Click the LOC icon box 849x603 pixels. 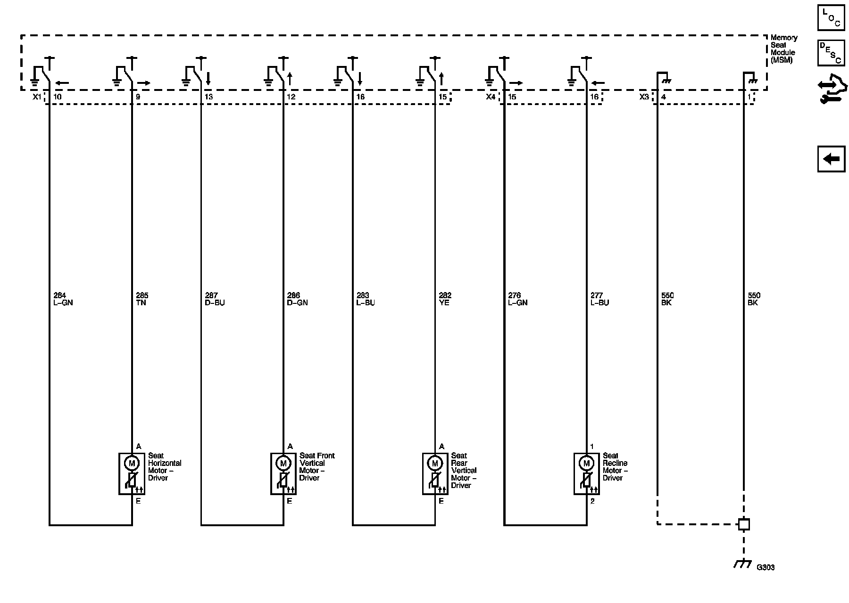click(x=831, y=18)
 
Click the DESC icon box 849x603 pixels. click(x=831, y=52)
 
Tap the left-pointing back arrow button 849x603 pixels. click(x=831, y=159)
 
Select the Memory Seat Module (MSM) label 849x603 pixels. click(x=783, y=49)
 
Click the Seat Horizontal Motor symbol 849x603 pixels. click(x=132, y=473)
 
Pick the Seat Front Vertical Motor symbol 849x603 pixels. click(x=283, y=473)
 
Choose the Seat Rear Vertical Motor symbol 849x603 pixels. click(x=434, y=473)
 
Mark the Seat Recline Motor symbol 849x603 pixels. click(x=586, y=473)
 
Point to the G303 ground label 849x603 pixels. click(x=765, y=568)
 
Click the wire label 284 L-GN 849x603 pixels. click(x=63, y=299)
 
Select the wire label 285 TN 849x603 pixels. click(x=141, y=299)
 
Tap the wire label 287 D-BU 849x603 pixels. click(x=215, y=299)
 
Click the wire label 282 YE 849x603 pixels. click(x=445, y=299)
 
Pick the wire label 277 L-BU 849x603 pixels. click(x=599, y=299)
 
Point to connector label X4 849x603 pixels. click(x=491, y=97)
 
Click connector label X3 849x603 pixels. click(x=644, y=97)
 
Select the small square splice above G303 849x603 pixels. click(x=744, y=524)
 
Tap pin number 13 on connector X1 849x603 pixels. click(x=208, y=97)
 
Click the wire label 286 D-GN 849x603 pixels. click(x=297, y=299)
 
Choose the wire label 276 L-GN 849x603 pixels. click(x=517, y=299)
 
